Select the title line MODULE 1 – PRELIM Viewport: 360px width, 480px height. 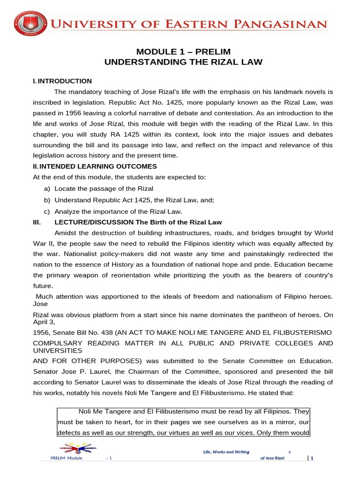tap(183, 52)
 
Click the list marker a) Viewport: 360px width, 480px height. tap(46, 188)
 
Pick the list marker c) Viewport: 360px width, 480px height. tap(46, 211)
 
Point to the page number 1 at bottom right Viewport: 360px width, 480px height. tap(311, 458)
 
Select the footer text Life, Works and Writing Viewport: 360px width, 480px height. tap(225, 451)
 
